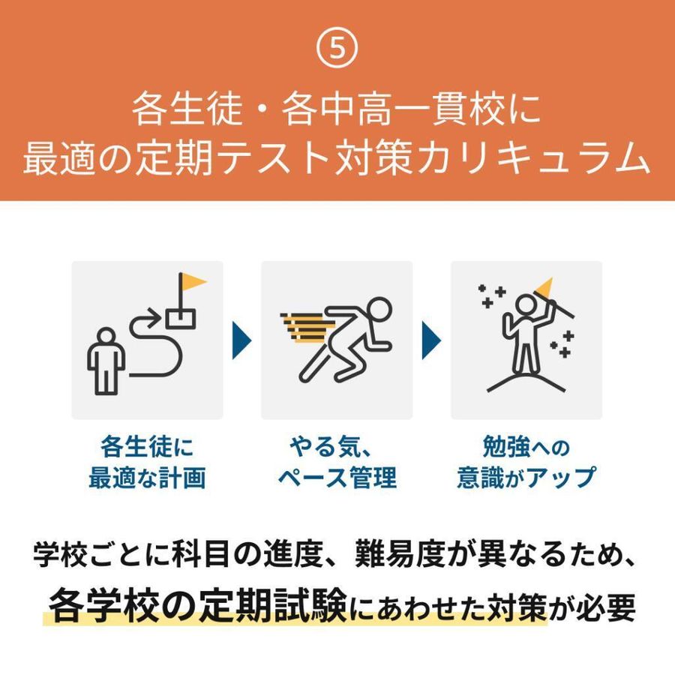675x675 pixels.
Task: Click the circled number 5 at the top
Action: click(337, 49)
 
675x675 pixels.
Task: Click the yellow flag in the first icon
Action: click(193, 282)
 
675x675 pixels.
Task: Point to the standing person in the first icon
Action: click(106, 357)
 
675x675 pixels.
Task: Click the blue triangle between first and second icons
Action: click(241, 339)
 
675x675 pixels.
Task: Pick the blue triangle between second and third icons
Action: click(430, 339)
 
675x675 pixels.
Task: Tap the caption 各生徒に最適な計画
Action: click(147, 463)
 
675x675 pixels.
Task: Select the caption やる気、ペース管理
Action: click(337, 463)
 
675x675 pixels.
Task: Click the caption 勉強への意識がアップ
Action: click(526, 463)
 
